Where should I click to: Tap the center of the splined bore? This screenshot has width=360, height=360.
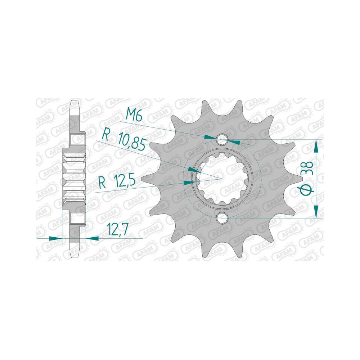coord(222,178)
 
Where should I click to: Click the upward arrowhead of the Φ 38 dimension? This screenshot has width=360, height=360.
coord(316,145)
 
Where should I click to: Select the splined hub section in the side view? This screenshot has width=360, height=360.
coord(74,178)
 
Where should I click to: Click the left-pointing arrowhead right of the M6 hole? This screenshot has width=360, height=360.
coord(234,141)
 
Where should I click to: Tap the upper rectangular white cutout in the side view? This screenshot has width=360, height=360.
coord(78,140)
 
